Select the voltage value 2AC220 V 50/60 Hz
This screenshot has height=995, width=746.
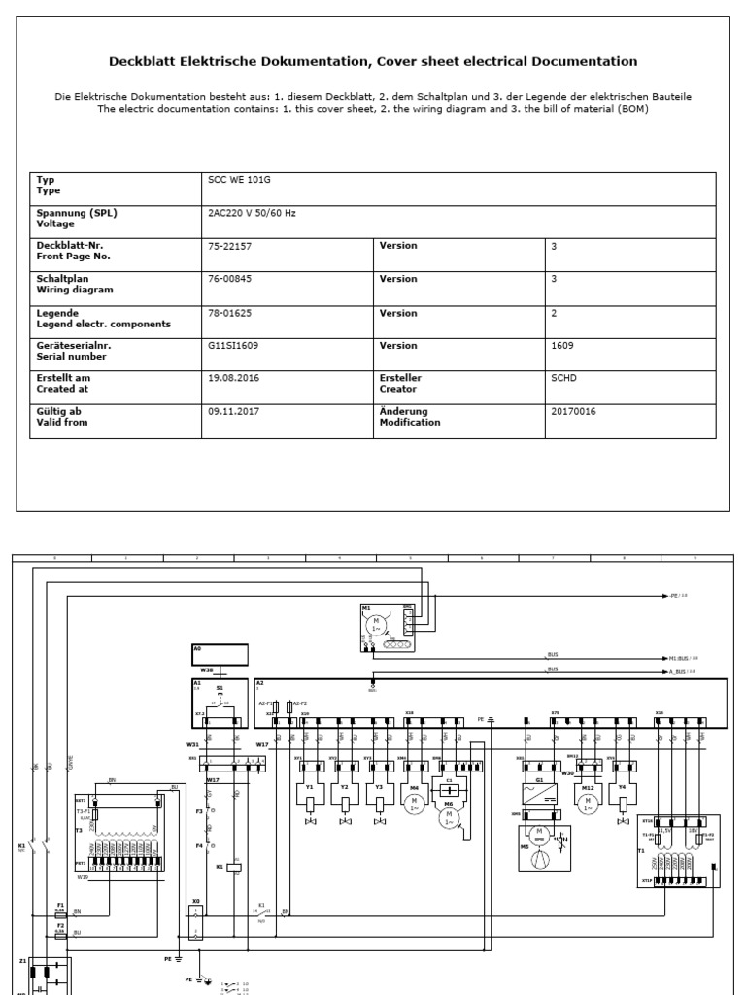coord(251,213)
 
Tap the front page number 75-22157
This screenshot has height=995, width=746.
coord(230,246)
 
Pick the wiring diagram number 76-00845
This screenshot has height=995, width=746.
coord(230,279)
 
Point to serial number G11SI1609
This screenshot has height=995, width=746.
coord(233,345)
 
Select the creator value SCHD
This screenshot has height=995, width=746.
coord(563,378)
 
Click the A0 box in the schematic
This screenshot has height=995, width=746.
coord(220,654)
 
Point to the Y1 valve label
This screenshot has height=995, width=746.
coord(308,788)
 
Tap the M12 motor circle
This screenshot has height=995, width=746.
coord(587,805)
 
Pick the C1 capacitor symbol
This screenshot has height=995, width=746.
coord(449,789)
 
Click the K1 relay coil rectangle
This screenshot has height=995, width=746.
coord(233,840)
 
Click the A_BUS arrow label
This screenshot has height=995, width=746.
coord(680,671)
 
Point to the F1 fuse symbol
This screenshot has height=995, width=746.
coord(60,913)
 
